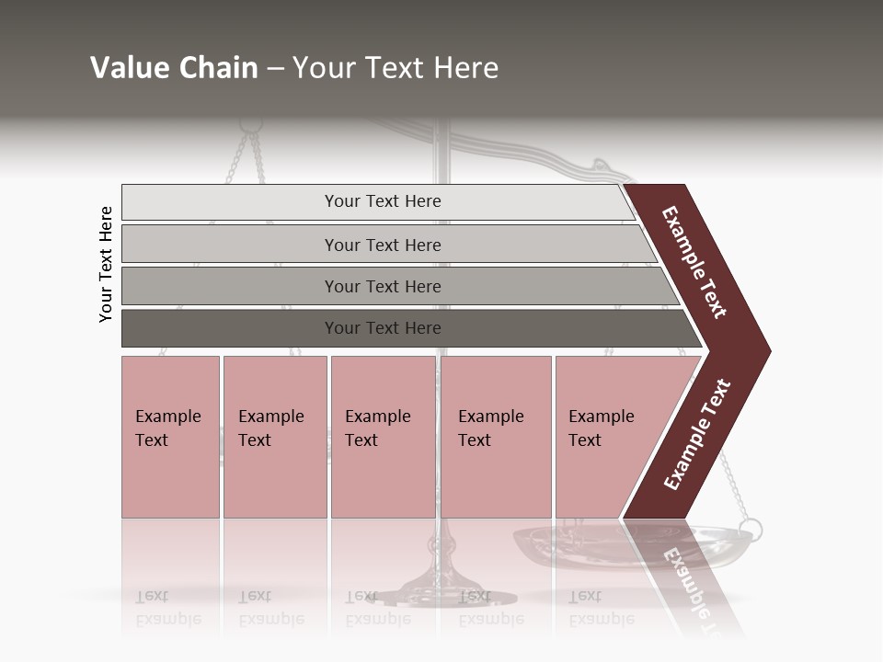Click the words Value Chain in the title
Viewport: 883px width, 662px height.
(174, 68)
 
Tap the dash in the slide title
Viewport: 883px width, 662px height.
(275, 69)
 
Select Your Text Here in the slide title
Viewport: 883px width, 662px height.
(396, 69)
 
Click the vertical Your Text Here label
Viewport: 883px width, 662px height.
(106, 264)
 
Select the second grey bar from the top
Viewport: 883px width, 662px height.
(382, 245)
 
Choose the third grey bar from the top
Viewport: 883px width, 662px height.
(382, 286)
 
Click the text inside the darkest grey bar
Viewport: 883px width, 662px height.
(383, 328)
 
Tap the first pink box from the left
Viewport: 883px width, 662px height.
(170, 436)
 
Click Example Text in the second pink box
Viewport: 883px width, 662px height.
(270, 428)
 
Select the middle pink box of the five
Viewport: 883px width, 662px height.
(383, 436)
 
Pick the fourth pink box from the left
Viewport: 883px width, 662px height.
(496, 436)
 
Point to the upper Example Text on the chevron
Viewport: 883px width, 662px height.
(694, 262)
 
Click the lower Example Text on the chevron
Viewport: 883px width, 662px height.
(697, 434)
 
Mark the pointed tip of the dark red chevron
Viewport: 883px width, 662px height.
(768, 351)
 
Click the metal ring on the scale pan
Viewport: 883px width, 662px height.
(750, 530)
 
